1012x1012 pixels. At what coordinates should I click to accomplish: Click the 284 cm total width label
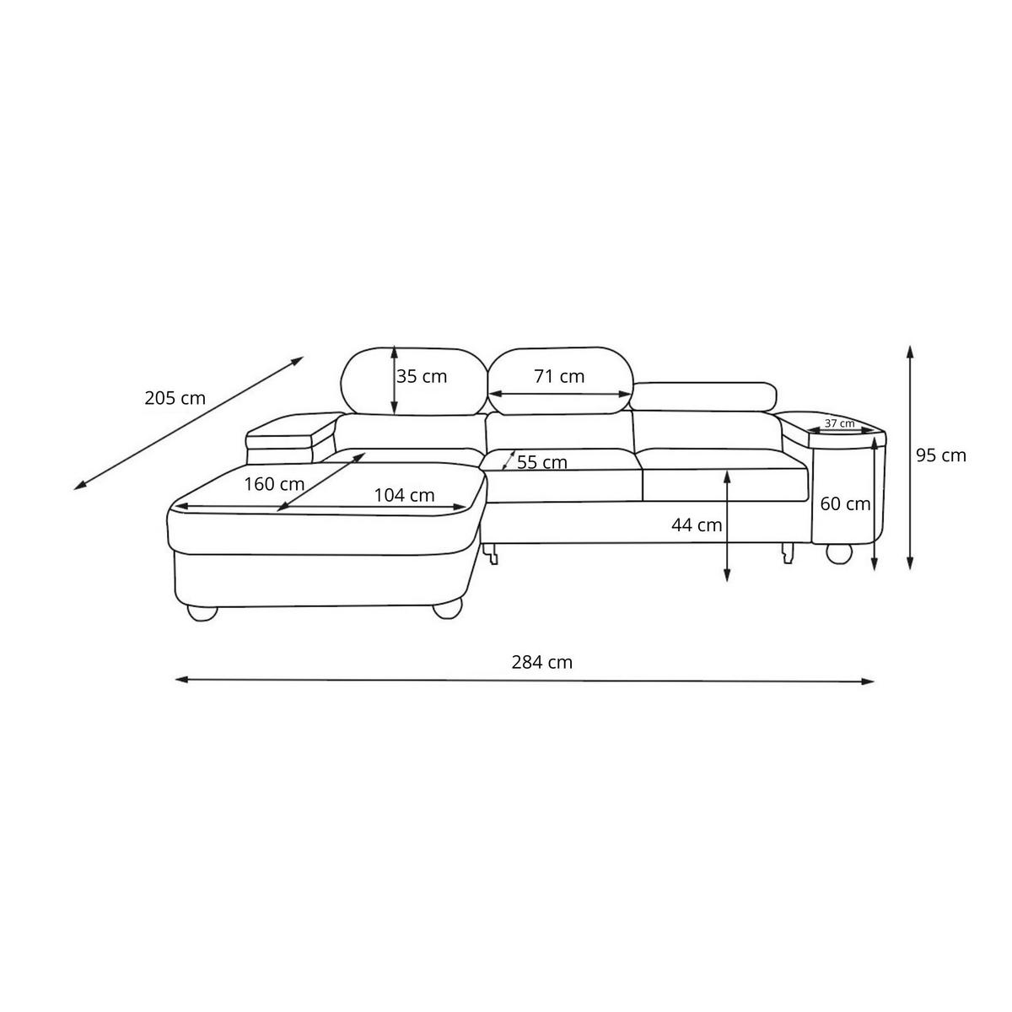click(541, 662)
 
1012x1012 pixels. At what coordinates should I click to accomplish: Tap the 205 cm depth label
click(175, 398)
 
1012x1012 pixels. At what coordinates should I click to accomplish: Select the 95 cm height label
click(940, 455)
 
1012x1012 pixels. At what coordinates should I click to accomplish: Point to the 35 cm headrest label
click(421, 376)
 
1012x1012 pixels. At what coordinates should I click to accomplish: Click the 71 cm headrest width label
click(559, 376)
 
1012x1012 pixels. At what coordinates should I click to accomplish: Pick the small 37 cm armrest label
click(839, 423)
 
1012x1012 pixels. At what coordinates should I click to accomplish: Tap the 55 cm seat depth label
click(542, 463)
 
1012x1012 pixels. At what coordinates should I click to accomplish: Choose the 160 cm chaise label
click(274, 484)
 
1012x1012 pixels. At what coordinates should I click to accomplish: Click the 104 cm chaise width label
click(404, 495)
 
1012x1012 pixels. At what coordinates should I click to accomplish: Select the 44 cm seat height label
click(697, 525)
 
